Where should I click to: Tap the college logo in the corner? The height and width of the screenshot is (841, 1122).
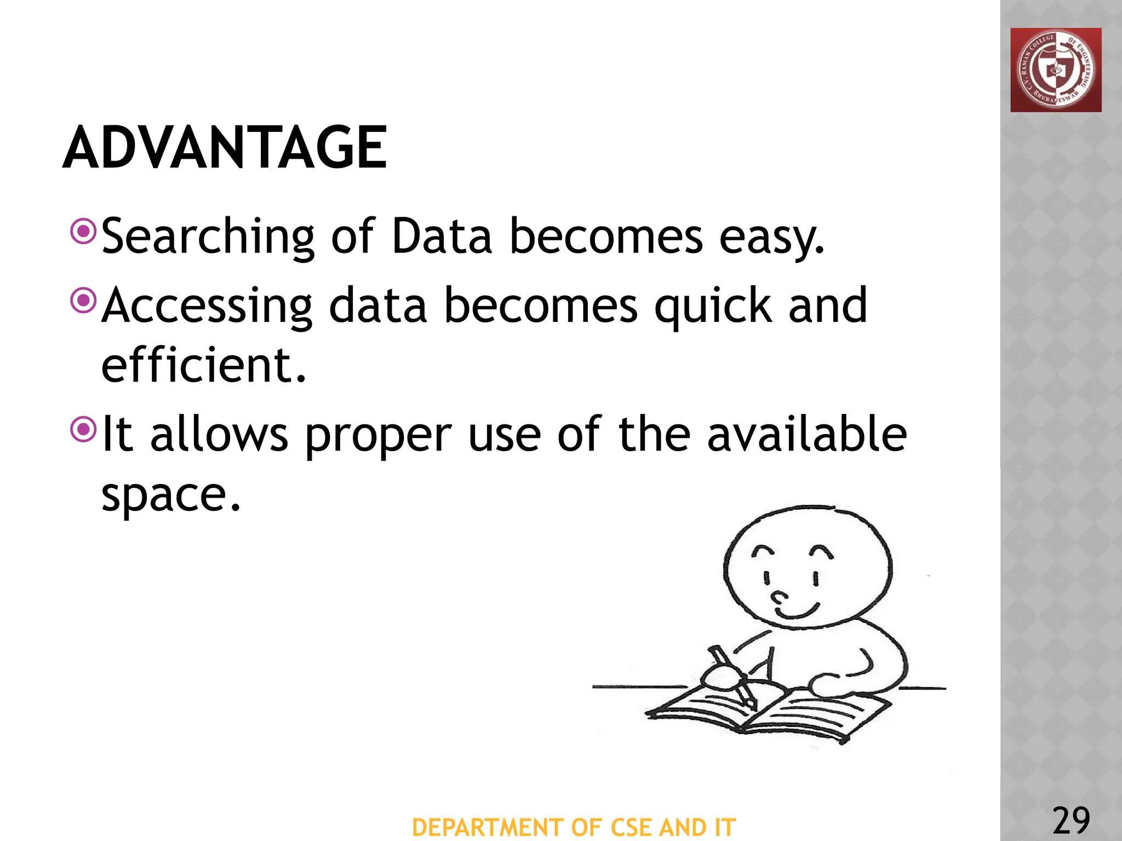1056,70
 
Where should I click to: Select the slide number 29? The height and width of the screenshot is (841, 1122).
1071,820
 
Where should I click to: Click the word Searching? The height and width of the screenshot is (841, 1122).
208,237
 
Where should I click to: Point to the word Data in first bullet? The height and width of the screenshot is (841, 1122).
442,237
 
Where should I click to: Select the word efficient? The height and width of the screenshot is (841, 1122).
203,365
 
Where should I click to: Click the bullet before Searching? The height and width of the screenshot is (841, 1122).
84,232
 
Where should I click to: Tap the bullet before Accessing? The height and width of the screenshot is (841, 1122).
84,300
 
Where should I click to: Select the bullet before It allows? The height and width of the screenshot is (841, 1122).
84,429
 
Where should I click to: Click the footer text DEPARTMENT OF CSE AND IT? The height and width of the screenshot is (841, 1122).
574,827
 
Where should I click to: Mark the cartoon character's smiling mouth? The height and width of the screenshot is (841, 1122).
797,612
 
